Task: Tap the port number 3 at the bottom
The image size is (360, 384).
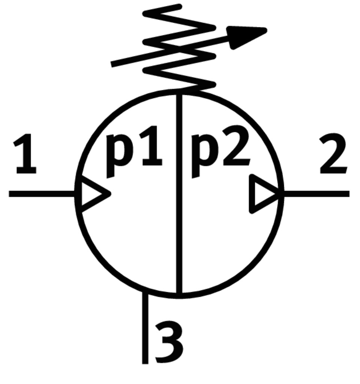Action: (169, 343)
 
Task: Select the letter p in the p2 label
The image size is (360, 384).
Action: (203, 154)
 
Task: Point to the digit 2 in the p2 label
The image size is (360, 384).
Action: (236, 150)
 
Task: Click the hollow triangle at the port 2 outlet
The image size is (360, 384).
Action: (264, 194)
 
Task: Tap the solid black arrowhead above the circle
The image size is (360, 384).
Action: (247, 36)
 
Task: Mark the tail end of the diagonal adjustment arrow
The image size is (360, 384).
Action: (113, 64)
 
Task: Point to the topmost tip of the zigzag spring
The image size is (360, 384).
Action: (180, 6)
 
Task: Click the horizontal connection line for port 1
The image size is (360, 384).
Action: (41, 194)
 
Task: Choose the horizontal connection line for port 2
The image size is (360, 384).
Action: (317, 194)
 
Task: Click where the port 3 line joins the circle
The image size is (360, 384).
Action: (145, 292)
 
